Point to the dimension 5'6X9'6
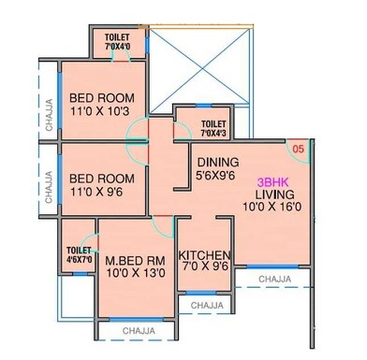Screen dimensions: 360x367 coord(217,175)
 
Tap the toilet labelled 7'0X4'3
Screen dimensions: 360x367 coord(213,127)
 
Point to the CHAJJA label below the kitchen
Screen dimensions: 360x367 coord(205,305)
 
